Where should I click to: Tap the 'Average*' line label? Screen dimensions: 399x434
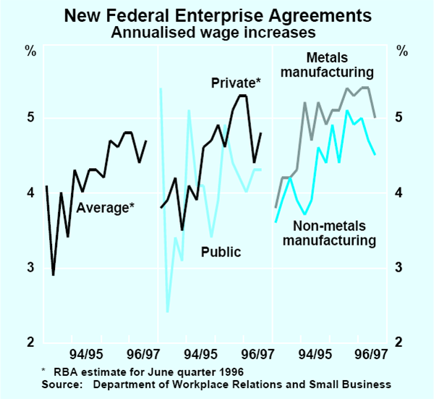pyautogui.click(x=106, y=209)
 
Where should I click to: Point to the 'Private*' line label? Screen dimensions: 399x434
pyautogui.click(x=236, y=84)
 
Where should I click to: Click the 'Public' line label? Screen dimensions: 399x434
pyautogui.click(x=221, y=252)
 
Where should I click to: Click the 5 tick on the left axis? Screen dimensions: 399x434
pyautogui.click(x=30, y=118)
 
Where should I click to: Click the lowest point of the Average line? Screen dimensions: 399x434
pyautogui.click(x=54, y=275)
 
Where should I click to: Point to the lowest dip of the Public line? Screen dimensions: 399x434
pyautogui.click(x=167, y=312)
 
